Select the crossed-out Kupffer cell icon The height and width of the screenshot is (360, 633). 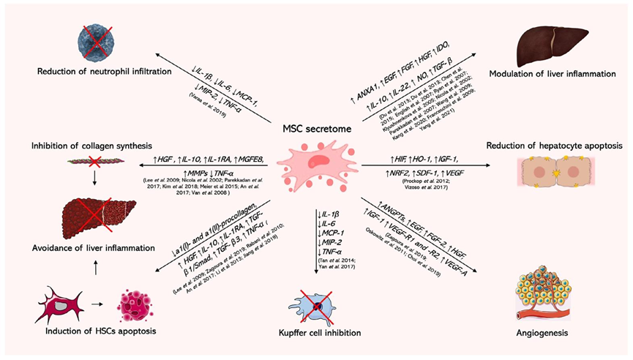pos(316,301)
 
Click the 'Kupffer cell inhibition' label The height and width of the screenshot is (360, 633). pos(317,334)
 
